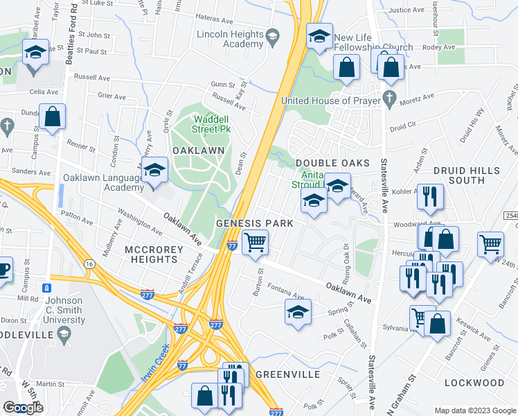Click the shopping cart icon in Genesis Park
tap(255, 242)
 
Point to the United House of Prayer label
tap(331, 101)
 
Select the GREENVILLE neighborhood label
tap(287, 374)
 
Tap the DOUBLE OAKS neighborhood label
tap(330, 162)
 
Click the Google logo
tap(22, 408)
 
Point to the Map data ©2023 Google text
tap(474, 410)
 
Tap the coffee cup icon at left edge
tap(3, 269)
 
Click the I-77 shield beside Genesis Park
tap(233, 245)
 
